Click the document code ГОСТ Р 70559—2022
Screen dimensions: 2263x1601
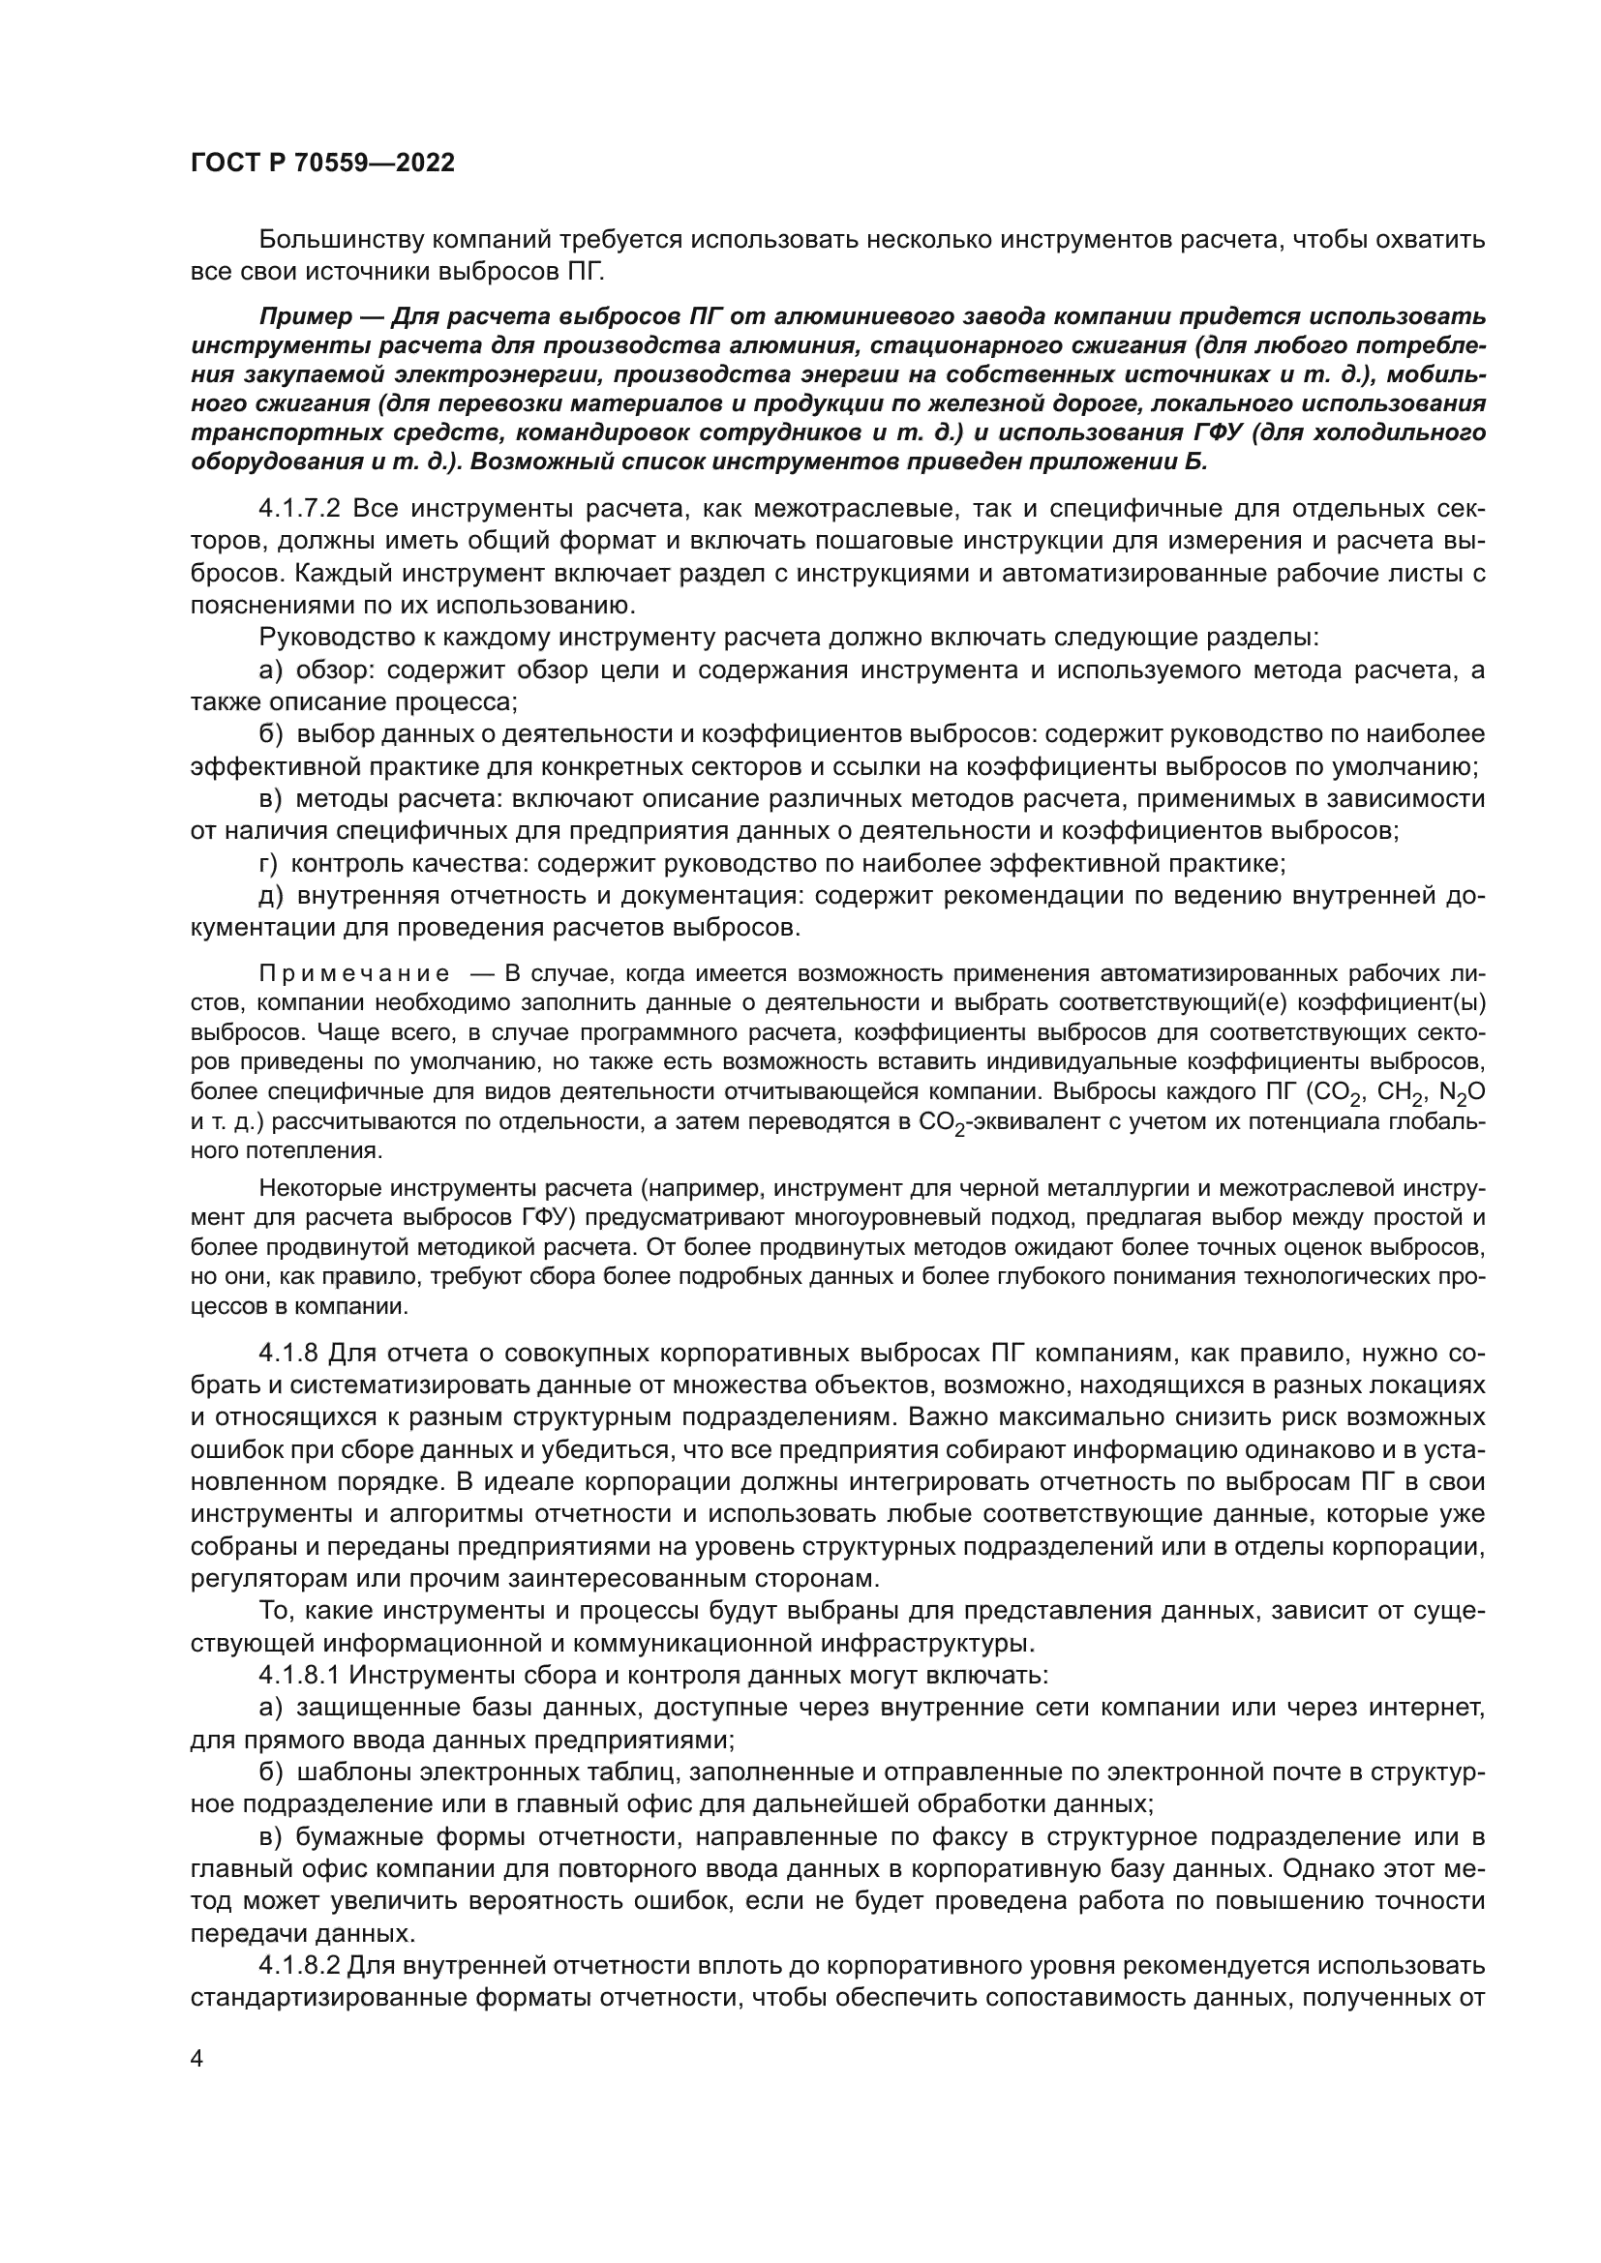coord(322,164)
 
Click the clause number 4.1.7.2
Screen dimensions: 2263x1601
coord(300,509)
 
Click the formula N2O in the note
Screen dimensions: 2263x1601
coord(1462,1093)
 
